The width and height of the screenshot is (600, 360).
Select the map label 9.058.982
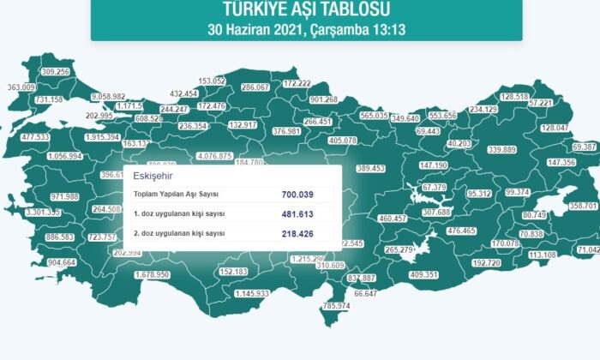107,98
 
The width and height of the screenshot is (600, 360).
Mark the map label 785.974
337,306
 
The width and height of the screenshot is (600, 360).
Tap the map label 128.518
513,98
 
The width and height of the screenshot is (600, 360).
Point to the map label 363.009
21,87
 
